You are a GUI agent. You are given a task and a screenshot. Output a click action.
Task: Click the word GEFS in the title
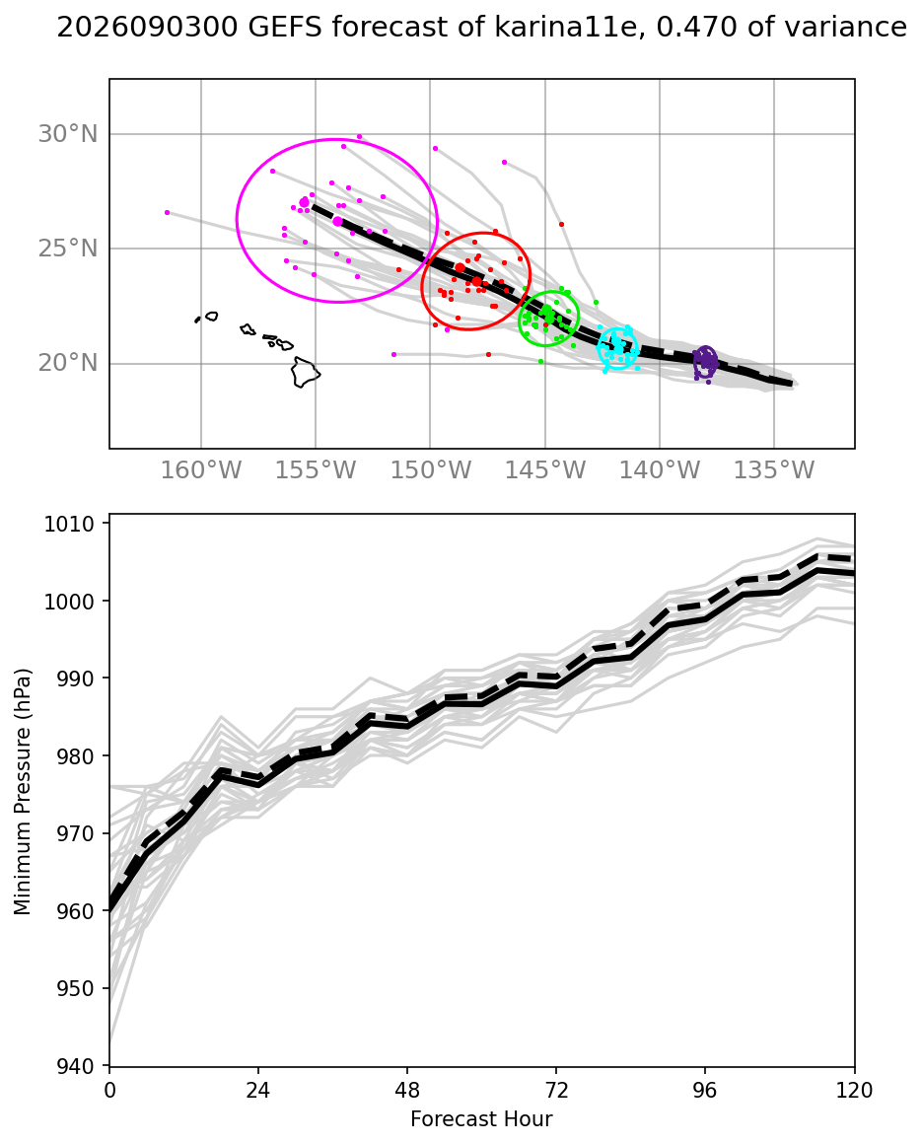pyautogui.click(x=285, y=27)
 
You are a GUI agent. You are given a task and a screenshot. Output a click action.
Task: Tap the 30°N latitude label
pyautogui.click(x=68, y=134)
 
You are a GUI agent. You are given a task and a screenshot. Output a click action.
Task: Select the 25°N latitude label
pyautogui.click(x=68, y=249)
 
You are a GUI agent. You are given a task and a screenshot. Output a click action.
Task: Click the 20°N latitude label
pyautogui.click(x=68, y=363)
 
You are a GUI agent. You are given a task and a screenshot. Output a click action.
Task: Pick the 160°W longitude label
pyautogui.click(x=200, y=469)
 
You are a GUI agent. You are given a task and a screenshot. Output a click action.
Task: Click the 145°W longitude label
pyautogui.click(x=545, y=469)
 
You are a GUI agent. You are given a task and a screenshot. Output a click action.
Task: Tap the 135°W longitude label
pyautogui.click(x=774, y=469)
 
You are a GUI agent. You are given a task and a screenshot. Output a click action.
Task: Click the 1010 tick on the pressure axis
pyautogui.click(x=69, y=524)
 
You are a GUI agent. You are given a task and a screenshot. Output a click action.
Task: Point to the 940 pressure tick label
pyautogui.click(x=74, y=1067)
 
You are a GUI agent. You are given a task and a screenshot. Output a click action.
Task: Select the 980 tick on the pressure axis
pyautogui.click(x=74, y=756)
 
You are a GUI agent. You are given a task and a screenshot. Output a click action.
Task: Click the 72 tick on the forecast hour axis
pyautogui.click(x=556, y=1091)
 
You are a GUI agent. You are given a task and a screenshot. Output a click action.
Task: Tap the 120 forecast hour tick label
pyautogui.click(x=854, y=1091)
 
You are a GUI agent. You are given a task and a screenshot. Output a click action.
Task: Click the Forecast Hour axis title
pyautogui.click(x=481, y=1119)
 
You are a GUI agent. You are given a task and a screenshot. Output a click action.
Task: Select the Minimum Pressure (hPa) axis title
pyautogui.click(x=24, y=792)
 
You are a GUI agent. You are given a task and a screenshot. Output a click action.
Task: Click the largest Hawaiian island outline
pyautogui.click(x=305, y=372)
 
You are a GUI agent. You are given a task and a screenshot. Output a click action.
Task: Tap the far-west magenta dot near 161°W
pyautogui.click(x=167, y=212)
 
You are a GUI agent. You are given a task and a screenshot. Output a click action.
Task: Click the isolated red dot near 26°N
pyautogui.click(x=561, y=225)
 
